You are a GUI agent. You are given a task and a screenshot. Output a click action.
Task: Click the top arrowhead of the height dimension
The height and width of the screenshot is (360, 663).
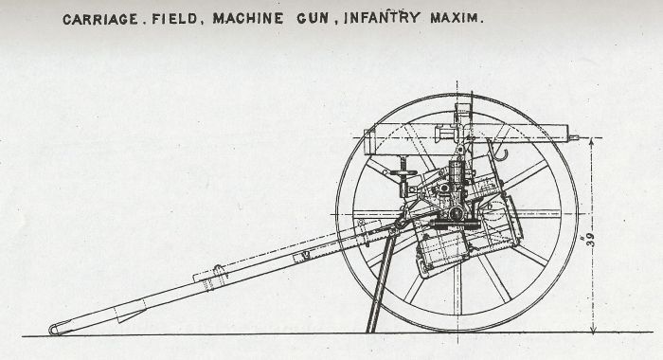[x=592, y=140]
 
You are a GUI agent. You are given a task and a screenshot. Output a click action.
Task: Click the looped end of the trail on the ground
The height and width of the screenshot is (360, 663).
[x=55, y=329]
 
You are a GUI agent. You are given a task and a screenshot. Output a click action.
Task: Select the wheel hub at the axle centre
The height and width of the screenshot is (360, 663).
[x=457, y=213]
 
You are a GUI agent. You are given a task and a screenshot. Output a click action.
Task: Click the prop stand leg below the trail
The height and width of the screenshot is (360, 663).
[x=379, y=284]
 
